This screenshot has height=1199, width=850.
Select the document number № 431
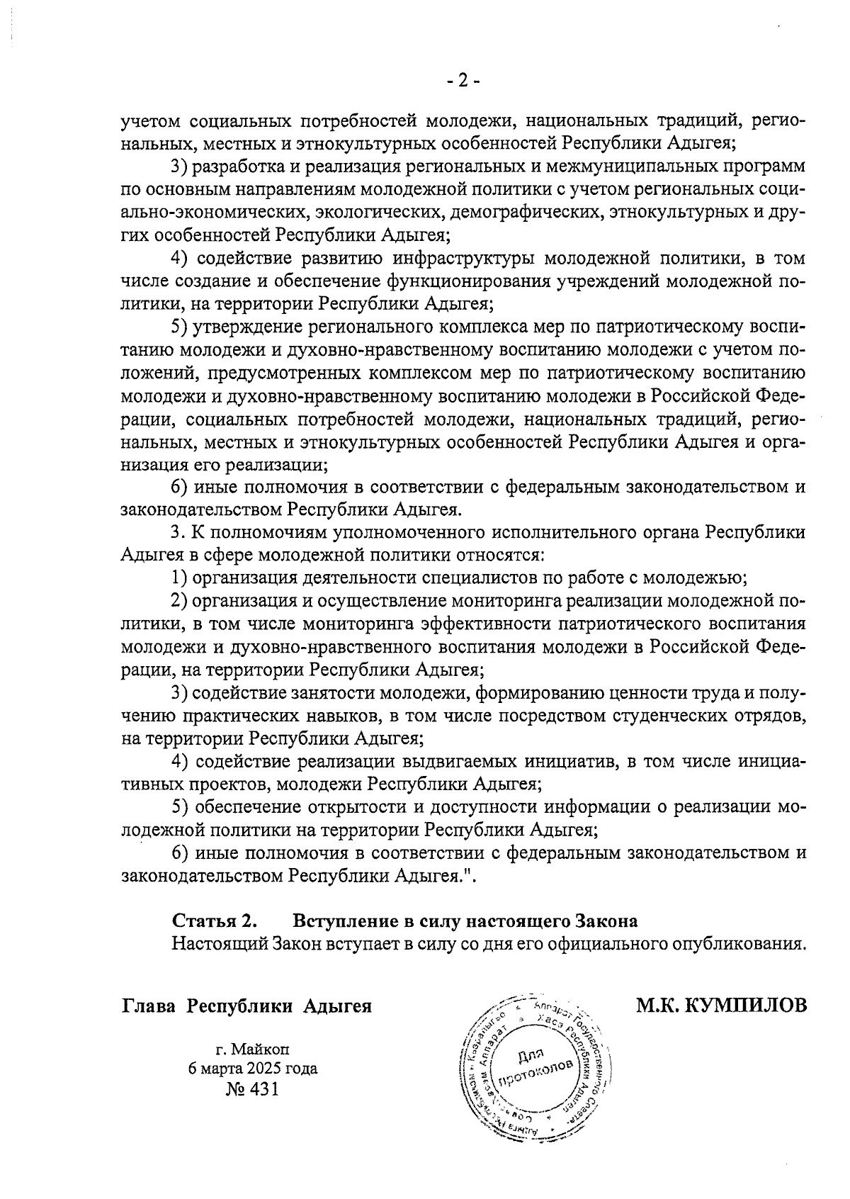click(252, 1088)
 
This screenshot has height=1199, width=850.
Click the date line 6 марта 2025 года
click(252, 1069)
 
